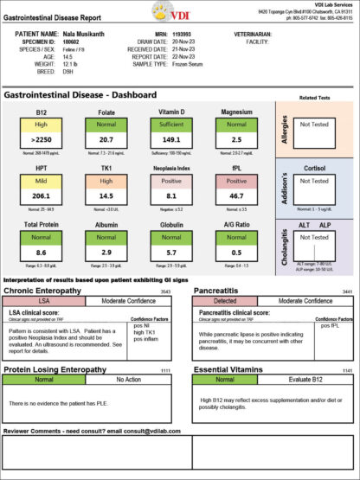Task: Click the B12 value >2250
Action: (41, 138)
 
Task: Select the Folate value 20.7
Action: (106, 138)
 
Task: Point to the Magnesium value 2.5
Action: (235, 138)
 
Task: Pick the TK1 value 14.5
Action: (106, 196)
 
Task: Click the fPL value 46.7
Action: (235, 196)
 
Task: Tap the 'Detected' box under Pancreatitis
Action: (225, 300)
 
